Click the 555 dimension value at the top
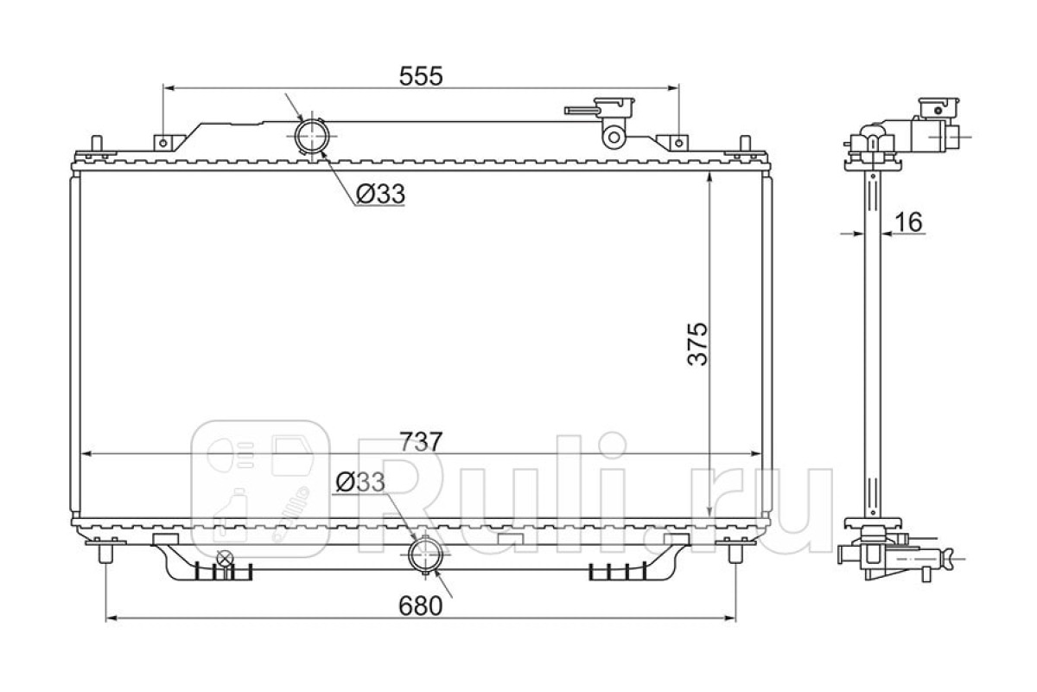421,76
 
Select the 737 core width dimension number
421,442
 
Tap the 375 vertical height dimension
697,344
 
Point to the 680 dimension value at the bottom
420,605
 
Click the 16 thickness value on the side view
909,222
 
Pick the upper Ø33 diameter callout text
381,194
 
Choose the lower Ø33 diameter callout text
360,482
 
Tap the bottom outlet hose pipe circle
425,554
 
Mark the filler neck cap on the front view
614,107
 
